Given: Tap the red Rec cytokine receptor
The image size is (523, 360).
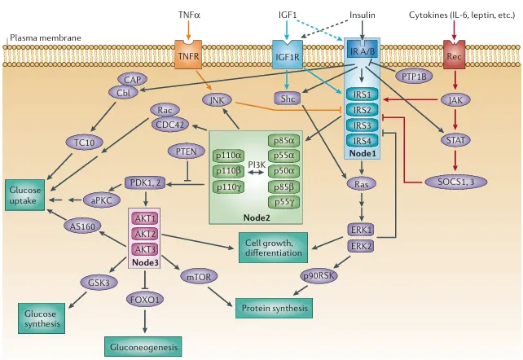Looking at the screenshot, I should point(455,56).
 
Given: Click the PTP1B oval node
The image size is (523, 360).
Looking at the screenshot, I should point(415,77).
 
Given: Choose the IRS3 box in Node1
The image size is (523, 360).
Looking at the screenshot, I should point(360,125).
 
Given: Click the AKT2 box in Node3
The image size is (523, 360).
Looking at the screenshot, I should point(145,233).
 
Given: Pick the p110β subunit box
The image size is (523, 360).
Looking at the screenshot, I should point(227,171).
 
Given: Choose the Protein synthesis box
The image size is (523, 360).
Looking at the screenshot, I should point(274,308).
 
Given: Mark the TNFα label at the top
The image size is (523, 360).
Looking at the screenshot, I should point(189,15).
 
